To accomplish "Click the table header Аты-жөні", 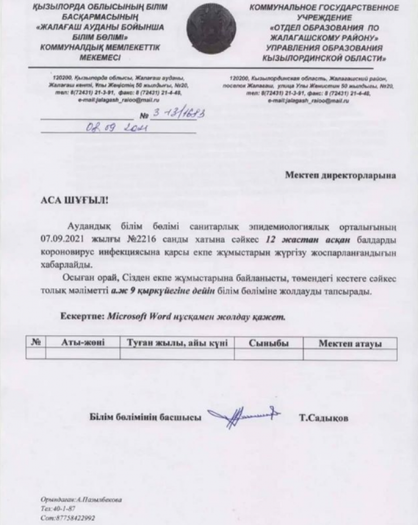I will pyautogui.click(x=82, y=343).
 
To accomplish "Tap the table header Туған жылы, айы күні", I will pyautogui.click(x=177, y=343).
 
